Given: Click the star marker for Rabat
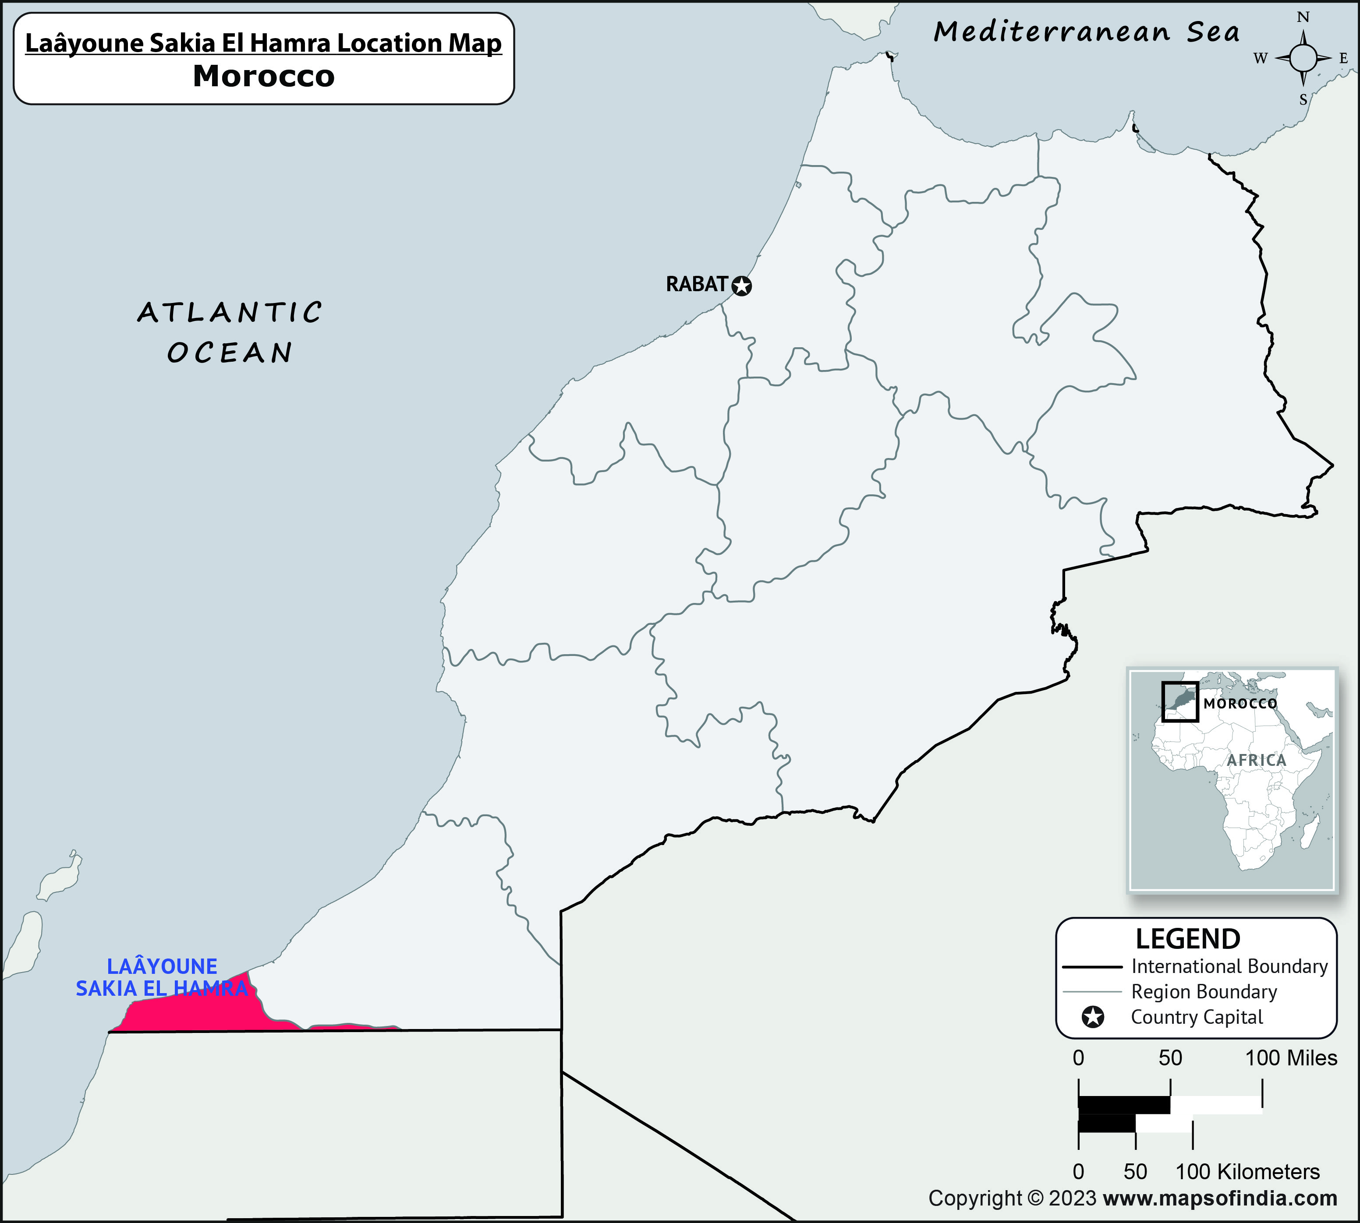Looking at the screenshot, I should pos(741,286).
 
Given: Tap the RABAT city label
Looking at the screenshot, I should pos(697,284).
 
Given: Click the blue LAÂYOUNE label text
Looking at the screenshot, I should pos(162,966).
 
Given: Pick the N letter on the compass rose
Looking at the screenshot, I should pos(1303,18).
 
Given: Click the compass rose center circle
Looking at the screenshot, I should pos(1303,59).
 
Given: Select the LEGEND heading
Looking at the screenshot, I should pos(1188,939).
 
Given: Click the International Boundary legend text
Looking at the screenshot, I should pos(1229,966).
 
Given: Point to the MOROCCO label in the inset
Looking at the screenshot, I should pos(1240,704).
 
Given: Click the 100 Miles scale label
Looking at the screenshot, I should pos(1291,1057).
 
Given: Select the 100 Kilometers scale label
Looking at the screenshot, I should pos(1247,1172).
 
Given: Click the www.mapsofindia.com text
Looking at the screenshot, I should pos(1220,1198).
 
